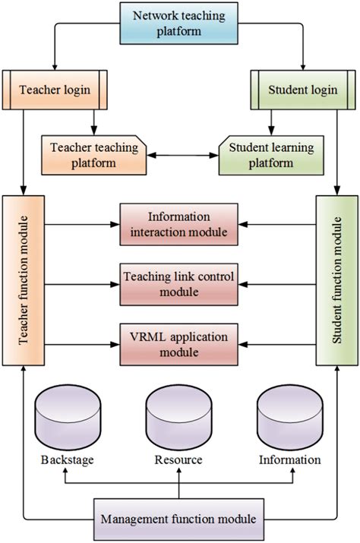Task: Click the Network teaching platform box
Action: click(179, 24)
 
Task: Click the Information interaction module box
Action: click(179, 224)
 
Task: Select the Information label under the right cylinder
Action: click(290, 460)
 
